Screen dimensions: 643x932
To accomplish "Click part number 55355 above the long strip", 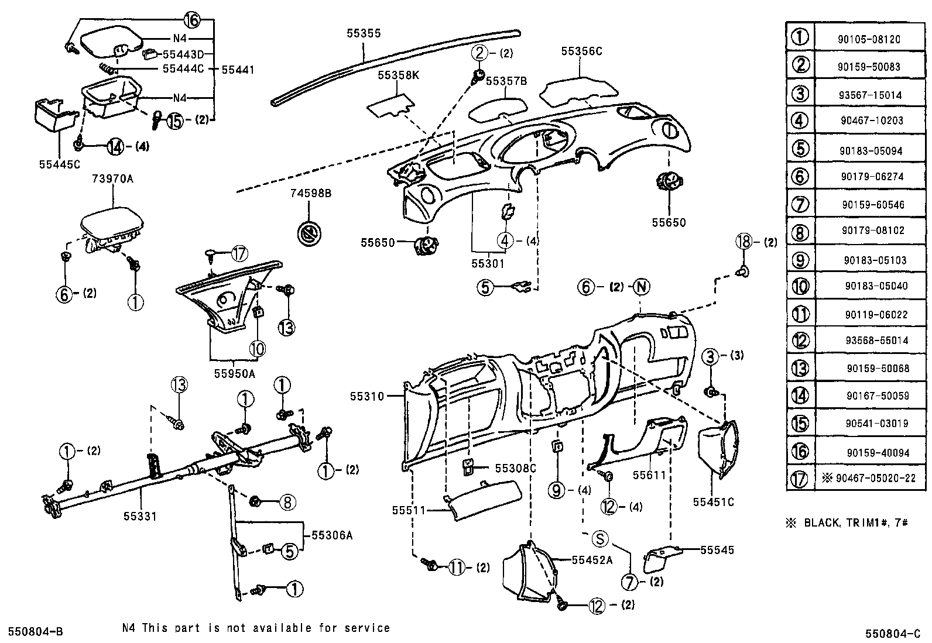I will coord(363,33).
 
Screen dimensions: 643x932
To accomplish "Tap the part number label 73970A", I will coord(112,179).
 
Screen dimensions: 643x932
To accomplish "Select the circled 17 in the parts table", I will coord(799,479).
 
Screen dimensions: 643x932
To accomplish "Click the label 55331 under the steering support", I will coord(140,516).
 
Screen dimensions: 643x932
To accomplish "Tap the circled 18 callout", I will coord(742,242).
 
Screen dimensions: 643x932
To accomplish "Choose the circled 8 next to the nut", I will coord(287,502).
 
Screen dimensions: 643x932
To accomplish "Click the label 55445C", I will coord(59,164).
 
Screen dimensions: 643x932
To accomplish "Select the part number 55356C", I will coord(581,51).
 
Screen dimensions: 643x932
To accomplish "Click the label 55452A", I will coord(592,560).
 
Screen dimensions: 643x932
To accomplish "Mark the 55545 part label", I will coord(717,550).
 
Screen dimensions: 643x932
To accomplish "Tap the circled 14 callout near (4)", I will coord(115,146).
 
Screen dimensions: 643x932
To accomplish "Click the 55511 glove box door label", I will coord(409,510).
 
